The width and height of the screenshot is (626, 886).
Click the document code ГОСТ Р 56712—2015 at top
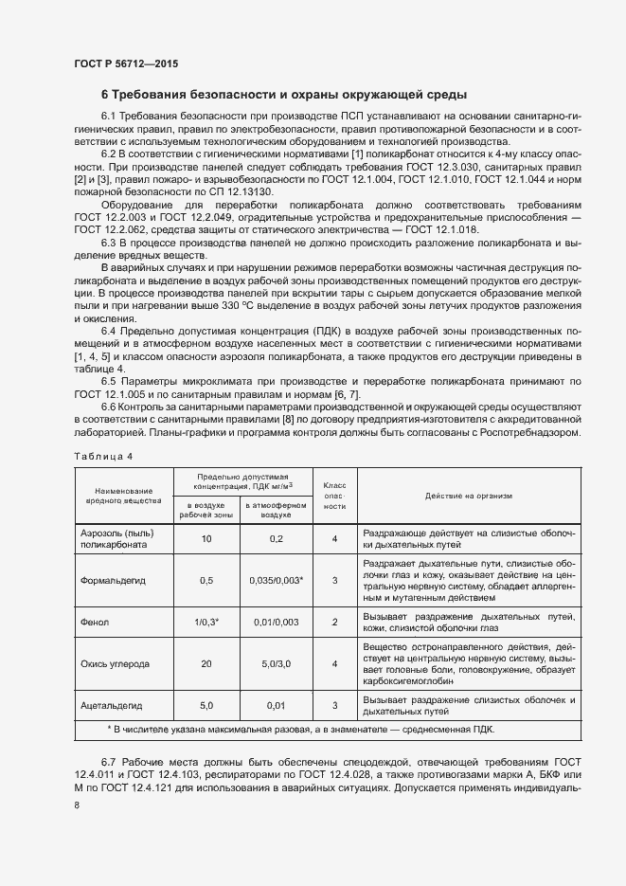[125, 64]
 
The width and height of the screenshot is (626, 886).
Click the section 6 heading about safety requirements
[283, 95]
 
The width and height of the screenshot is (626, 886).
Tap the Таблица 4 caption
[104, 457]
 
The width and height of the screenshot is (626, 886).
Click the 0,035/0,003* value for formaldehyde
[276, 580]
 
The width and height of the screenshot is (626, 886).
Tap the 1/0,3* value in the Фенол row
[206, 622]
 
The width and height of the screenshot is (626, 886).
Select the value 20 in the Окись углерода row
[206, 664]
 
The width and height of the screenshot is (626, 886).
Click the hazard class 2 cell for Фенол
[334, 622]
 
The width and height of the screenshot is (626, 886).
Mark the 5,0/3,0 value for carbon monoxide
[276, 664]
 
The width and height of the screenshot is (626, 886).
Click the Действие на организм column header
[468, 495]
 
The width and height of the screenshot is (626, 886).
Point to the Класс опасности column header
[334, 495]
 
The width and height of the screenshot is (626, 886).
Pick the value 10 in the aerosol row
[206, 538]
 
